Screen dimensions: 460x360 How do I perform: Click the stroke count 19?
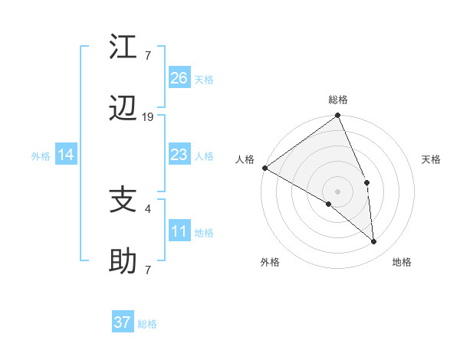(148, 117)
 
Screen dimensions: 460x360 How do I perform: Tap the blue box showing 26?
(179, 78)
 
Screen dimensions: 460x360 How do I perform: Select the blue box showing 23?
(179, 155)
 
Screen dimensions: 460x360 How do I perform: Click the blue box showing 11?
(179, 231)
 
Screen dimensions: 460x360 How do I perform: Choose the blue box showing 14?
(66, 155)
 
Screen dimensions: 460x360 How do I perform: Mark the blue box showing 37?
(123, 322)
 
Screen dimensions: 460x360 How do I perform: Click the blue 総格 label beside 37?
(148, 324)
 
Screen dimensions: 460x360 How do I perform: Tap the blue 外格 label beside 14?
(41, 156)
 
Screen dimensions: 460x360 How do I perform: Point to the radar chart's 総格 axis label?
(338, 100)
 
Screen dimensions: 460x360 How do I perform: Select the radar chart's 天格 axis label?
(432, 159)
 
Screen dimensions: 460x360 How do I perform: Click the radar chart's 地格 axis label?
(402, 263)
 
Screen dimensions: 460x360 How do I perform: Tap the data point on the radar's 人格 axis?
(264, 168)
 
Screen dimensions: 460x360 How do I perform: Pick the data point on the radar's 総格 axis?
(338, 116)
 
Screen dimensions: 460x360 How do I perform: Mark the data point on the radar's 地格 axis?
(374, 242)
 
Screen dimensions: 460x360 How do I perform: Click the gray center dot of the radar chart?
(337, 191)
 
